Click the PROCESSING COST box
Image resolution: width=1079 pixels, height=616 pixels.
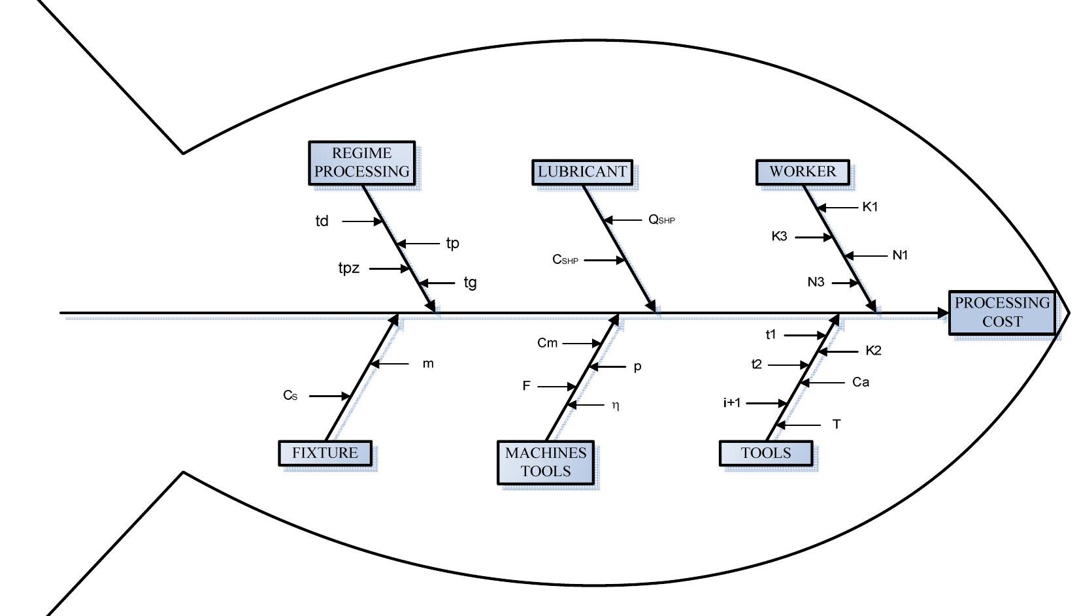coord(1002,312)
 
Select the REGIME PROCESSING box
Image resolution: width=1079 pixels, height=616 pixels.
coord(361,163)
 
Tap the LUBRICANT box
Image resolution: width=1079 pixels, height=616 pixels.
coord(582,172)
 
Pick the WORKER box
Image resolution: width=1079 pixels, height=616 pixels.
coord(803,172)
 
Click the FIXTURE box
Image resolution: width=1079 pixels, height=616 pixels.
coord(325,453)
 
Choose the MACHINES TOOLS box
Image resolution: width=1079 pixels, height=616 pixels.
coord(546,462)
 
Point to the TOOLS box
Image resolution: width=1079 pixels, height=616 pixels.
coord(766,453)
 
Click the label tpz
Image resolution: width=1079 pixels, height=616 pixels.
coord(349,268)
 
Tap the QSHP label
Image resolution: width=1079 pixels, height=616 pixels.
coord(661,220)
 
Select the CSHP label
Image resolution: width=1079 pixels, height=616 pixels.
coord(565,260)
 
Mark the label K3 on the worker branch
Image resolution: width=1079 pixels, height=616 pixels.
coord(779,236)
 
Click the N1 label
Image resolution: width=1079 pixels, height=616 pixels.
coord(900,255)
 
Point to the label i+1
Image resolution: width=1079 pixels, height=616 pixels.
coord(732,403)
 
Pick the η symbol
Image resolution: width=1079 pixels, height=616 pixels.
coord(615,406)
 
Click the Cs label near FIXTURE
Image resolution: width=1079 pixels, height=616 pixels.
coord(290,395)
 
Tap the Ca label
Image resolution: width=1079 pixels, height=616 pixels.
coord(861,382)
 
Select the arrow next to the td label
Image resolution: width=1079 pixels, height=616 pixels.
coord(362,221)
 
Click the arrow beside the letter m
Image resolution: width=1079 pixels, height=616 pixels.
coord(390,364)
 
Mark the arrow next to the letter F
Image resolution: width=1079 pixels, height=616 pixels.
coord(557,387)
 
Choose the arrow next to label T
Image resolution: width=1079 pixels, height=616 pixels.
coord(799,425)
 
